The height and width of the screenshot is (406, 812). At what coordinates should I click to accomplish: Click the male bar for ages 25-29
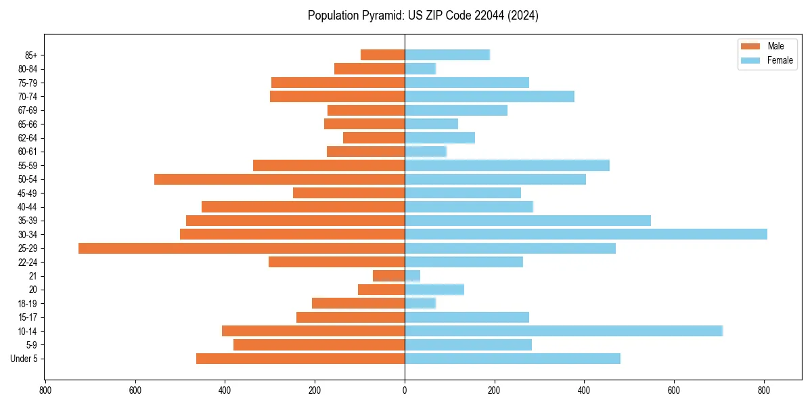(x=242, y=248)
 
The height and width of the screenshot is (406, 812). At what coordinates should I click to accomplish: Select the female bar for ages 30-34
(x=586, y=234)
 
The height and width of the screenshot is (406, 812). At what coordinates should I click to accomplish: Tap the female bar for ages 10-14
(x=564, y=331)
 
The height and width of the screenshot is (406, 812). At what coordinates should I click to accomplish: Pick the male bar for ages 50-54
(x=279, y=179)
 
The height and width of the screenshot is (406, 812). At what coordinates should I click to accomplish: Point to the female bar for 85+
(x=447, y=55)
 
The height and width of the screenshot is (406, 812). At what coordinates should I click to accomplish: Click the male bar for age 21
(x=389, y=276)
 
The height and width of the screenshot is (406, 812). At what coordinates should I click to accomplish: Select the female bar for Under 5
(x=512, y=359)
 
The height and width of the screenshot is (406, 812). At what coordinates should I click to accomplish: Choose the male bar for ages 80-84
(x=369, y=68)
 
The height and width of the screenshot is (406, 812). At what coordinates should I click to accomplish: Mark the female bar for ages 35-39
(x=528, y=221)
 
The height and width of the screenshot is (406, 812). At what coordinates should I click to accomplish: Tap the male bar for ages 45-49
(x=348, y=193)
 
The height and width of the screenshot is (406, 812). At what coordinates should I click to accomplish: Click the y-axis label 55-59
(x=28, y=165)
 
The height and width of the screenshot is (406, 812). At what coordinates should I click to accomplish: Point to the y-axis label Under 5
(x=24, y=359)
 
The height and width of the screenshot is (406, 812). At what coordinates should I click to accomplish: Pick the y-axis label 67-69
(x=28, y=110)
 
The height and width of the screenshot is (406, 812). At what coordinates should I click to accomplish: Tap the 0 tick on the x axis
(x=405, y=390)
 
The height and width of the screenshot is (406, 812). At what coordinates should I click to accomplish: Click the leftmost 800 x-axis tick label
(x=45, y=390)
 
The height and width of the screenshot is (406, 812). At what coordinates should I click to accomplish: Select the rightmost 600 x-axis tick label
(x=674, y=390)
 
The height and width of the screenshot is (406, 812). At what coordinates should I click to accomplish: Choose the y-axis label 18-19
(x=28, y=303)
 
